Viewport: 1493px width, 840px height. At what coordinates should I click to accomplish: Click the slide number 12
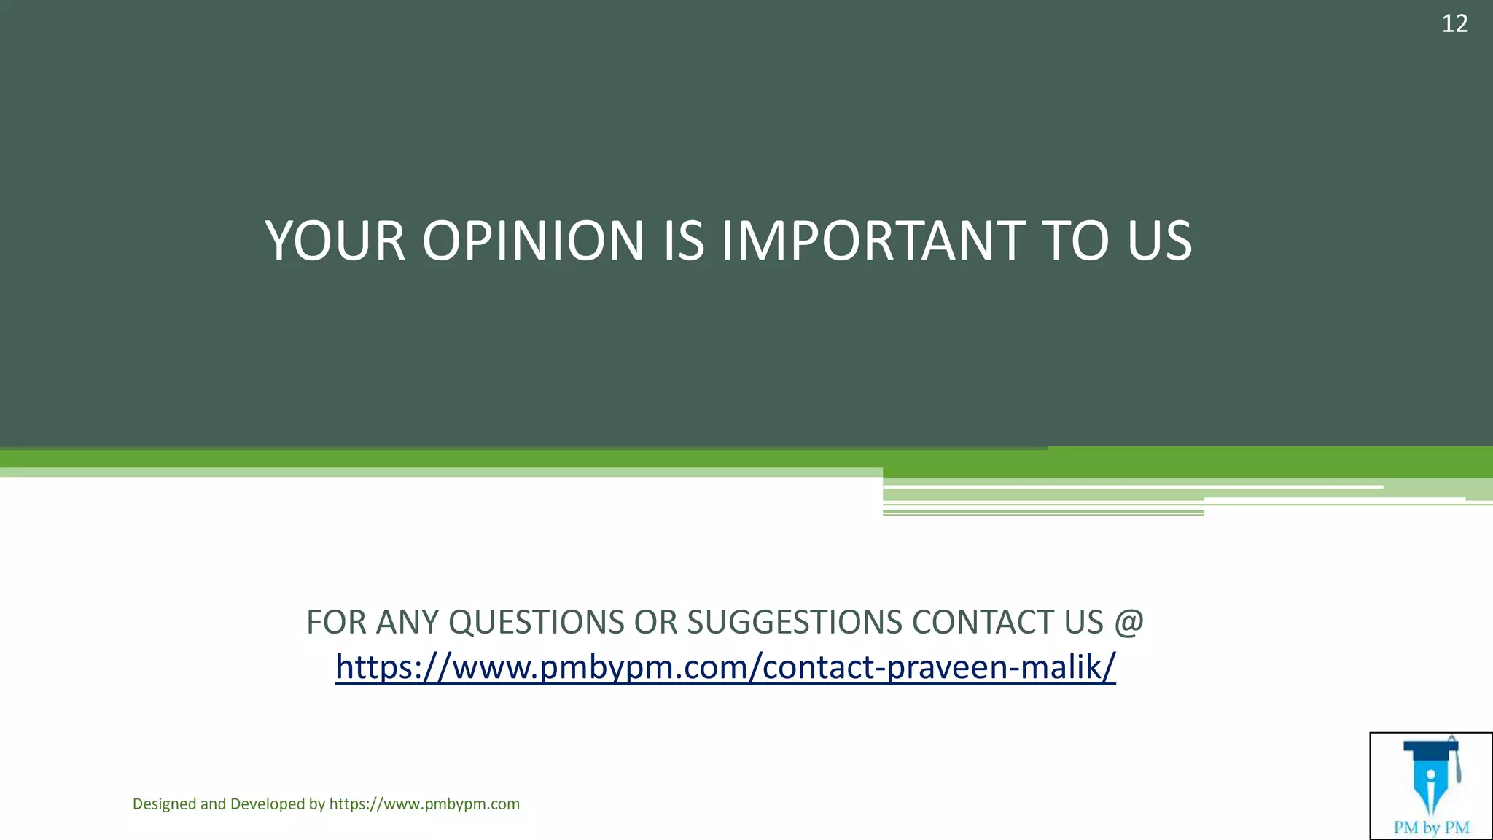(1454, 24)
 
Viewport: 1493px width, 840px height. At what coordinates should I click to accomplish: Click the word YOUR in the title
(335, 241)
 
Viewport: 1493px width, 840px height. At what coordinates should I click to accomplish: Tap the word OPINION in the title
(533, 241)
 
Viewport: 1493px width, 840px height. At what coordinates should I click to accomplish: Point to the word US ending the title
(1159, 241)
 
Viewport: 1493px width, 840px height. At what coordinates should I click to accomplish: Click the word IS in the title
(684, 241)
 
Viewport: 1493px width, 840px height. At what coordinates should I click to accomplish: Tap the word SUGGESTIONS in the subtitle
(795, 623)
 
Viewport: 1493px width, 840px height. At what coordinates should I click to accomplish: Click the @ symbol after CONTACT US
(1128, 623)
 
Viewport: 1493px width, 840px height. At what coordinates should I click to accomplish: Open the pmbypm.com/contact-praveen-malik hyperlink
(725, 666)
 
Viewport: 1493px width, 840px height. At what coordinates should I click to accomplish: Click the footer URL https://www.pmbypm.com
(424, 804)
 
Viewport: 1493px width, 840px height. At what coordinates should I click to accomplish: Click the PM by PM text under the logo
(1431, 828)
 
